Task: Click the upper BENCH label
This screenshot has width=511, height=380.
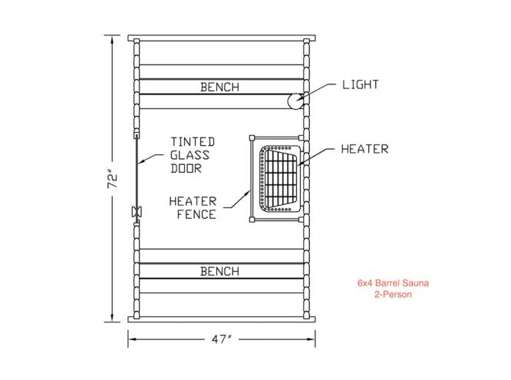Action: click(x=219, y=87)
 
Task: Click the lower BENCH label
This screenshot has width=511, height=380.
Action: click(x=219, y=271)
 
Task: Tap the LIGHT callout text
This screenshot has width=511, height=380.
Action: click(x=361, y=84)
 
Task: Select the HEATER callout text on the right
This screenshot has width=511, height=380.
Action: click(x=364, y=149)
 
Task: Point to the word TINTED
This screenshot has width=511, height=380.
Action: click(x=193, y=142)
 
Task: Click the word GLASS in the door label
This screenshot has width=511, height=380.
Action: click(x=189, y=155)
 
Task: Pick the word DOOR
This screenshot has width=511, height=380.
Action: click(x=186, y=168)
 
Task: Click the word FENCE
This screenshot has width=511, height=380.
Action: click(x=196, y=214)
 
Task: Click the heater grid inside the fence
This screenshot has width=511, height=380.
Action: click(x=279, y=178)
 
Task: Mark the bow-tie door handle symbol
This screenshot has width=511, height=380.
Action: click(x=136, y=212)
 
